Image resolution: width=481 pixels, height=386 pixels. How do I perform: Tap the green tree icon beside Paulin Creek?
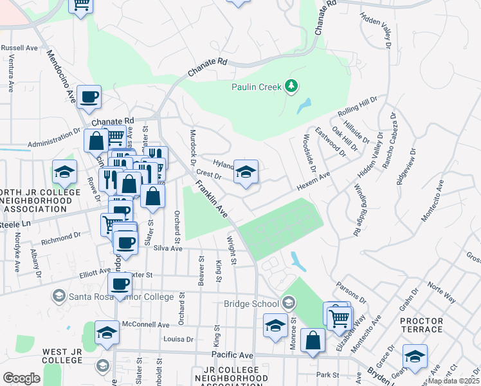tap(292, 85)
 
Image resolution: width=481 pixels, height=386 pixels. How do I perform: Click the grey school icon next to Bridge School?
tap(288, 302)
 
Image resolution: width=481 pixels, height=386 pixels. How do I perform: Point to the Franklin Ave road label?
tap(212, 199)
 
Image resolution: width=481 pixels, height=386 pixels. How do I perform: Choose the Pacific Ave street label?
tap(233, 355)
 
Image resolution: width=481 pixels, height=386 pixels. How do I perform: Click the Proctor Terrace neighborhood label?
tap(421, 325)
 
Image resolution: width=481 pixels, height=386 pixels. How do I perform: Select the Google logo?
tap(21, 378)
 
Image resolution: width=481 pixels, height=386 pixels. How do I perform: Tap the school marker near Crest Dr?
tap(246, 172)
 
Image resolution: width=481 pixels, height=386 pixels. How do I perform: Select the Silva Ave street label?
tap(167, 248)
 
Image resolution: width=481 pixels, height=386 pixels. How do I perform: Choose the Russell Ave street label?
tap(19, 48)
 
